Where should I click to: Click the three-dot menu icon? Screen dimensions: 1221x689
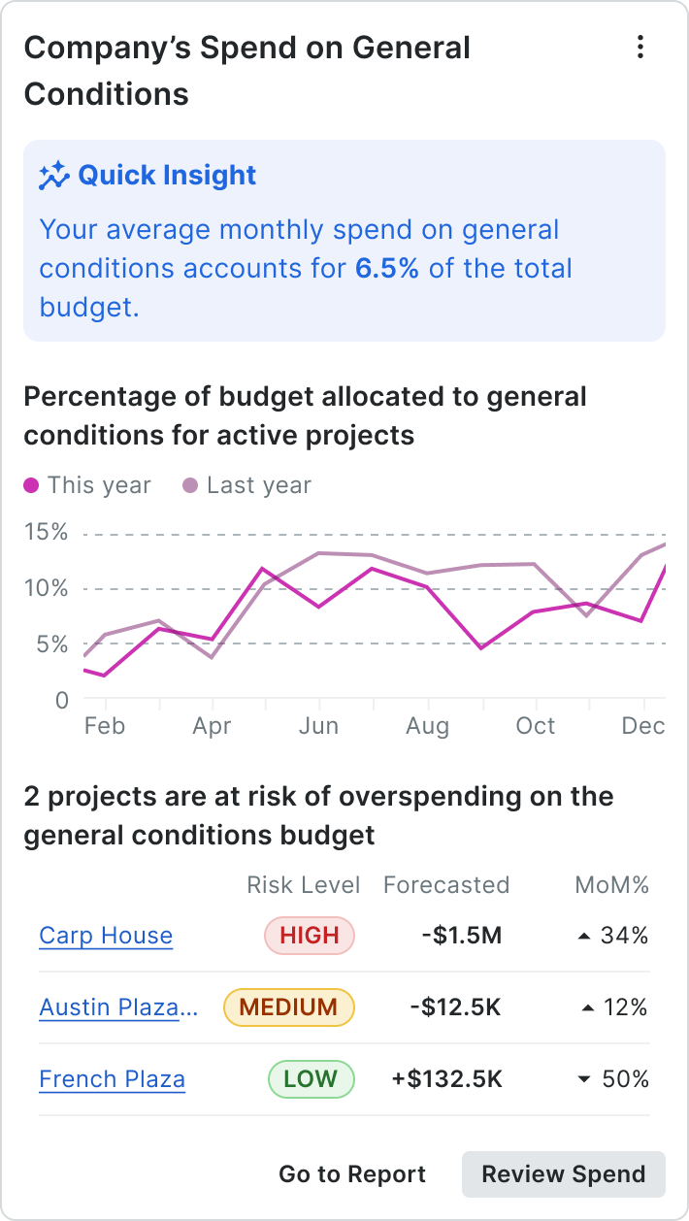coord(640,48)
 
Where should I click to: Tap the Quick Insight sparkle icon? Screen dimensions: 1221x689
coord(54,176)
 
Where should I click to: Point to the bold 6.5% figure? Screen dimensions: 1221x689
coord(387,269)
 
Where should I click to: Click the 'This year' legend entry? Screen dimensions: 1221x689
coord(88,485)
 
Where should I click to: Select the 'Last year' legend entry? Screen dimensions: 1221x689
coord(247,485)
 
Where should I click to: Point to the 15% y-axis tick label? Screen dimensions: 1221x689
coord(47,532)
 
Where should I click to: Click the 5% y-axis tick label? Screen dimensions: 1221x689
coord(47,644)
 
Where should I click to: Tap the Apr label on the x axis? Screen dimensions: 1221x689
coord(212,726)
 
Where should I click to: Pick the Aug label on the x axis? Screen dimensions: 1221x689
coord(427,726)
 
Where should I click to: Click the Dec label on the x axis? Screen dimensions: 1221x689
coord(643,726)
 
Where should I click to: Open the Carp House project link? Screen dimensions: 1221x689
coord(106,936)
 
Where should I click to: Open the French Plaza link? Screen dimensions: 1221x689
coord(112,1079)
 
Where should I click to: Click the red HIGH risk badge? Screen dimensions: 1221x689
coord(310,936)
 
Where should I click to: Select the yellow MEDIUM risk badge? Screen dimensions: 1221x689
coord(289,1007)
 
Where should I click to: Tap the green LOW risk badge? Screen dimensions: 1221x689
coord(311,1079)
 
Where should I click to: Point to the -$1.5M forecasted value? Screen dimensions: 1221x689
coord(462,936)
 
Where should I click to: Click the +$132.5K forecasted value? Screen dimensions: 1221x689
coord(446,1079)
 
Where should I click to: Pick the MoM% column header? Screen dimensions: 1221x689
coord(611,885)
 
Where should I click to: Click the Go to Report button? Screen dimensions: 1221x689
coord(352,1174)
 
